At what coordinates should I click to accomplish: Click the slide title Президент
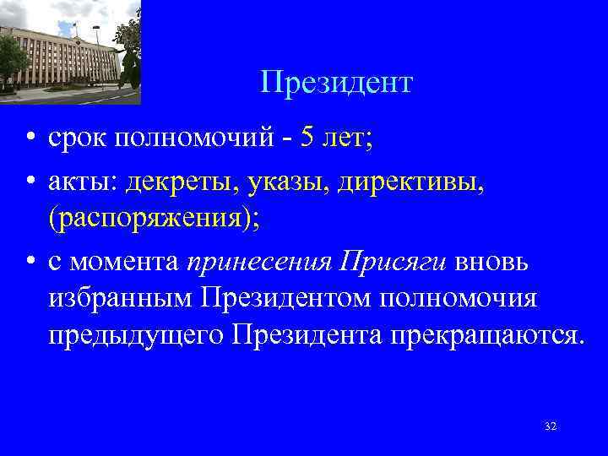pos(336,83)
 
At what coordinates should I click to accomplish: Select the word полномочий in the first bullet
pos(198,138)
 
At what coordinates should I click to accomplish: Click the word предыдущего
pos(135,335)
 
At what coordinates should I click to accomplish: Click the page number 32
pos(551,426)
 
